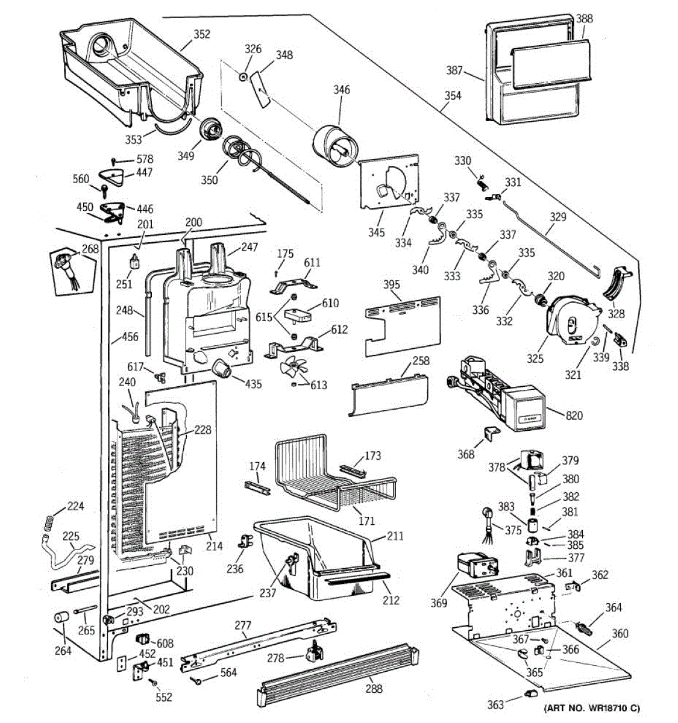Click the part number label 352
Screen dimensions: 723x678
pyautogui.click(x=202, y=34)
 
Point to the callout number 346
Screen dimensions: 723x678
pyautogui.click(x=341, y=90)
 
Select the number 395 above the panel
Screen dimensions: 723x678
pyautogui.click(x=392, y=284)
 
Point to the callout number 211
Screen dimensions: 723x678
pyautogui.click(x=395, y=536)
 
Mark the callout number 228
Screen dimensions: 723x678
pyautogui.click(x=202, y=430)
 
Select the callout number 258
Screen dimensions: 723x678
pyautogui.click(x=421, y=361)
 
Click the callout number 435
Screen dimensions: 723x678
pyautogui.click(x=253, y=384)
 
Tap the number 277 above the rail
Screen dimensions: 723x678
pyautogui.click(x=242, y=626)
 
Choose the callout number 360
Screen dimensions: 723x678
pyautogui.click(x=620, y=633)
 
